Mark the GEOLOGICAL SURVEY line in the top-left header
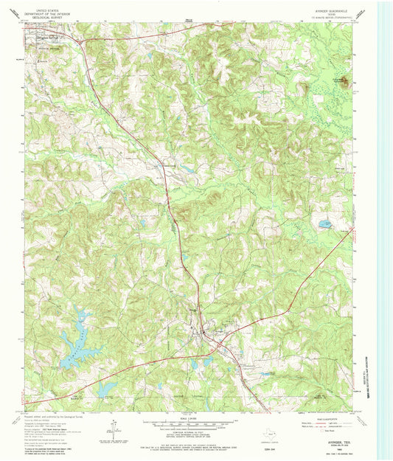pyautogui.click(x=49, y=19)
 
